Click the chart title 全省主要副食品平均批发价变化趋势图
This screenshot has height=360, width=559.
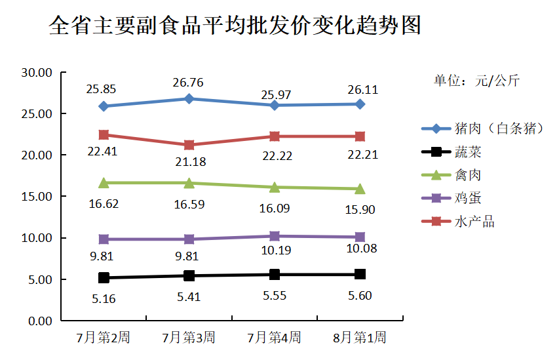(235, 26)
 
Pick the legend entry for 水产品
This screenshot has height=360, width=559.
(474, 222)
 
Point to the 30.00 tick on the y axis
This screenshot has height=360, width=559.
(37, 73)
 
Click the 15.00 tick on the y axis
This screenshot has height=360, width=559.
(37, 197)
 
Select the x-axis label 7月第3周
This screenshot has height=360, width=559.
(189, 338)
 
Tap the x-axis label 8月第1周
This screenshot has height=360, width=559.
(360, 338)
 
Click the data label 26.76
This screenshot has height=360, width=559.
(187, 83)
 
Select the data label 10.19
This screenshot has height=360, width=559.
(276, 250)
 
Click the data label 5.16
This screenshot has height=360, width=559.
(102, 299)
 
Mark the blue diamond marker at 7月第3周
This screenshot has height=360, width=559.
(189, 98)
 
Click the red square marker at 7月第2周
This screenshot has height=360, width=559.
(104, 134)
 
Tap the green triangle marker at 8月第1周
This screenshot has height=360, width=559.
(360, 189)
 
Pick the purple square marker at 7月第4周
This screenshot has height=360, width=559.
(275, 236)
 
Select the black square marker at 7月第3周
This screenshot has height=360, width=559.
(189, 275)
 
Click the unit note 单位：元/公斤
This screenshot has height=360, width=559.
(476, 81)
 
